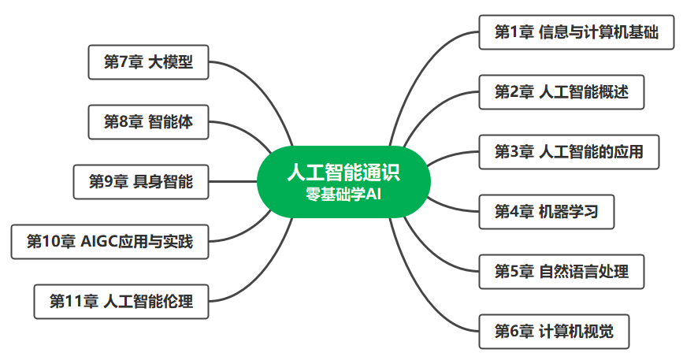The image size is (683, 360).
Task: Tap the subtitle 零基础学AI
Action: [343, 193]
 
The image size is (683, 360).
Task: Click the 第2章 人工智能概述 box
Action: [561, 91]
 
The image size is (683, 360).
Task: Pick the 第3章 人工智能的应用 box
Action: [568, 151]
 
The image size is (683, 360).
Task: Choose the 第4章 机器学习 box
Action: [546, 211]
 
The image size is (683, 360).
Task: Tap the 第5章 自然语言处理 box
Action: [561, 271]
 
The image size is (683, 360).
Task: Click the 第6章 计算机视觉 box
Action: [554, 331]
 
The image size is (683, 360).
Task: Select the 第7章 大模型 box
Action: [148, 62]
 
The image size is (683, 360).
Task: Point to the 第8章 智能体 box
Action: [148, 122]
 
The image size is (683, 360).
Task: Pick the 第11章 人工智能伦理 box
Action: [121, 301]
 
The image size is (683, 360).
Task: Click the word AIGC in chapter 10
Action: [98, 242]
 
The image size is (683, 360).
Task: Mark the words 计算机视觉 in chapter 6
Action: [576, 331]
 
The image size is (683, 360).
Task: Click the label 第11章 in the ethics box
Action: [74, 301]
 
